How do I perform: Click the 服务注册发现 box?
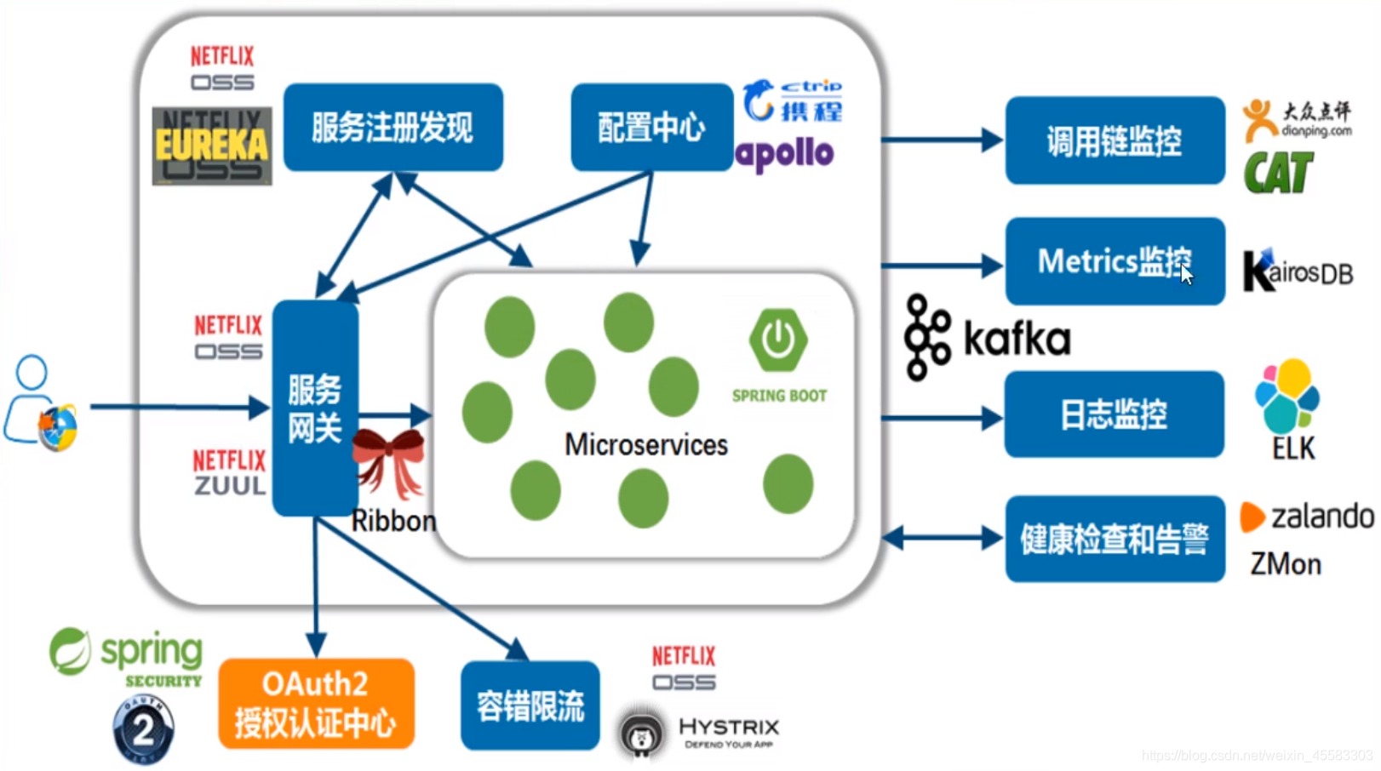click(393, 127)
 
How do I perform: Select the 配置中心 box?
click(651, 127)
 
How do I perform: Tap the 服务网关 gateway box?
click(314, 408)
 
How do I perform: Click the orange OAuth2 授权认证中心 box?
click(316, 704)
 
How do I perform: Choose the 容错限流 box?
click(530, 705)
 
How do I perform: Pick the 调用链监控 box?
click(1114, 140)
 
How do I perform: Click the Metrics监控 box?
click(1114, 261)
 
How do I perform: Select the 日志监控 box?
click(1114, 414)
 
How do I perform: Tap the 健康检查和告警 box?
click(1114, 539)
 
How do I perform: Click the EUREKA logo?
click(212, 146)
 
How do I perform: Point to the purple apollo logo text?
click(784, 154)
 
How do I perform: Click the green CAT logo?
click(1277, 173)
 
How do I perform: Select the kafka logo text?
click(1017, 339)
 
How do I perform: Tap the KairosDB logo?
click(1297, 271)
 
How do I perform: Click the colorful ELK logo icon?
click(1286, 395)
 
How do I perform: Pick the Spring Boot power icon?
click(777, 340)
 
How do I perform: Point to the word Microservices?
click(645, 444)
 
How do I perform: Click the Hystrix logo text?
click(728, 728)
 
